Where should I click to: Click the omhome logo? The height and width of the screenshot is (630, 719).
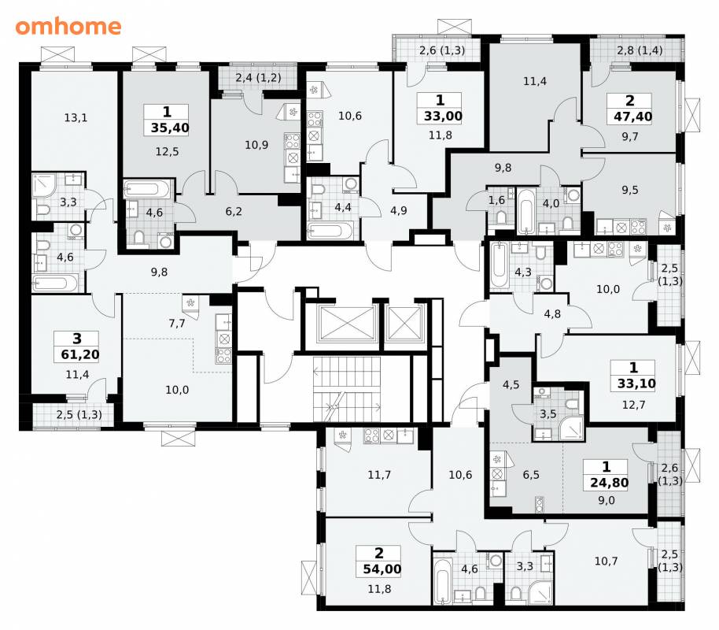(68, 27)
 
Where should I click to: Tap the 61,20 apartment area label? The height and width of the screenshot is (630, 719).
(79, 354)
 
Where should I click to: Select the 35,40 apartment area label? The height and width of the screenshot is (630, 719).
(170, 128)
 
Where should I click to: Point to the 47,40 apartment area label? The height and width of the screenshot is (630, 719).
(632, 117)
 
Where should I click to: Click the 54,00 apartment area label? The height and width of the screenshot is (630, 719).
(382, 569)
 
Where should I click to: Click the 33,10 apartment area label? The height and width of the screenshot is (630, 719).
(636, 384)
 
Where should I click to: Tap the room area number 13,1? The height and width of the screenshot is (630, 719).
(76, 118)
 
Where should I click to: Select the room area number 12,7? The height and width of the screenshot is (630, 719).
(634, 405)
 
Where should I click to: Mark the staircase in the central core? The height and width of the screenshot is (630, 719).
(347, 388)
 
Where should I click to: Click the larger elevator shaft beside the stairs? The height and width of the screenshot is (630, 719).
(346, 323)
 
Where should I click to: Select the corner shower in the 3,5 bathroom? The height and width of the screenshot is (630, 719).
(571, 428)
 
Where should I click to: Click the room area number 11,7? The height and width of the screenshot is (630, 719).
(379, 475)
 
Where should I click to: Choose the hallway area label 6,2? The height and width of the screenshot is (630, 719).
(234, 212)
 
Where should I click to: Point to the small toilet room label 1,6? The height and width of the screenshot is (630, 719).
(496, 200)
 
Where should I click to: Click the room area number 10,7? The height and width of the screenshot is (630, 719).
(607, 561)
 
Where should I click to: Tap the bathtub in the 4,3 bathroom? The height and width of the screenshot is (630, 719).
(497, 266)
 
